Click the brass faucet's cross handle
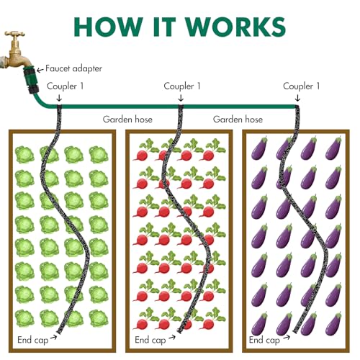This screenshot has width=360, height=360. coord(14,34)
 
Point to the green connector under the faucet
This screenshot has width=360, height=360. coord(31,80)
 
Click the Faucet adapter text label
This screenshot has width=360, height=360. coord(73,68)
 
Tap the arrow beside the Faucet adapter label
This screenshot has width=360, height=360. coord(40,70)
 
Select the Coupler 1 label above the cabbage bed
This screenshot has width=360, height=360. coord(65,86)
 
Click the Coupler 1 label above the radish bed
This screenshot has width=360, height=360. coord(182,86)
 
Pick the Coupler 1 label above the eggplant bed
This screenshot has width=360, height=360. coord(301,86)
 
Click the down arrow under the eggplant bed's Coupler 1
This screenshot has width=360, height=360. coord(297,98)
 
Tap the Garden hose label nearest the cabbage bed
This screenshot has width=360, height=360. coord(127,120)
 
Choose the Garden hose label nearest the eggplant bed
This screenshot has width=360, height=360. coord(238,120)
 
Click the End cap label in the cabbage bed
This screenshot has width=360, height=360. coord(33,340)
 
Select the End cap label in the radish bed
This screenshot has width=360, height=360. coord(150,340)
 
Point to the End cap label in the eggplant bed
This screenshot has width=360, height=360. coord(264,340)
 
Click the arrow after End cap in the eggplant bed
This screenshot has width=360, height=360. coord(287,338)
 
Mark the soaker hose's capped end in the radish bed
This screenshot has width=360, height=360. coord(179,331)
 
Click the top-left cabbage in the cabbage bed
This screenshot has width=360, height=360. coord(24,155)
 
